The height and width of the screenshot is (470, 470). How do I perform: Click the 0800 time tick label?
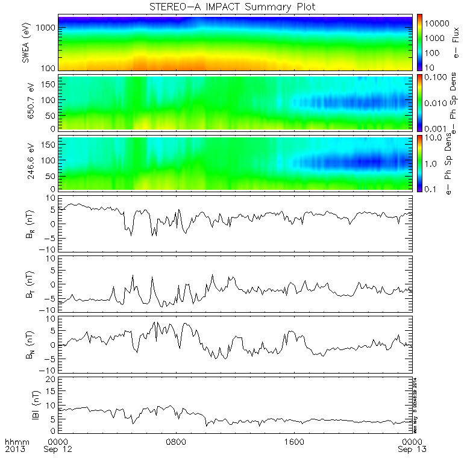177,442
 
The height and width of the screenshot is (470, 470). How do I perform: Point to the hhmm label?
14,442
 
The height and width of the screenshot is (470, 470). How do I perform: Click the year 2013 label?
14,450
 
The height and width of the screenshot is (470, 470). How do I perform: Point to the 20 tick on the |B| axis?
52,379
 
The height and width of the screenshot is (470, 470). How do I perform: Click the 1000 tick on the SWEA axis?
48,28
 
